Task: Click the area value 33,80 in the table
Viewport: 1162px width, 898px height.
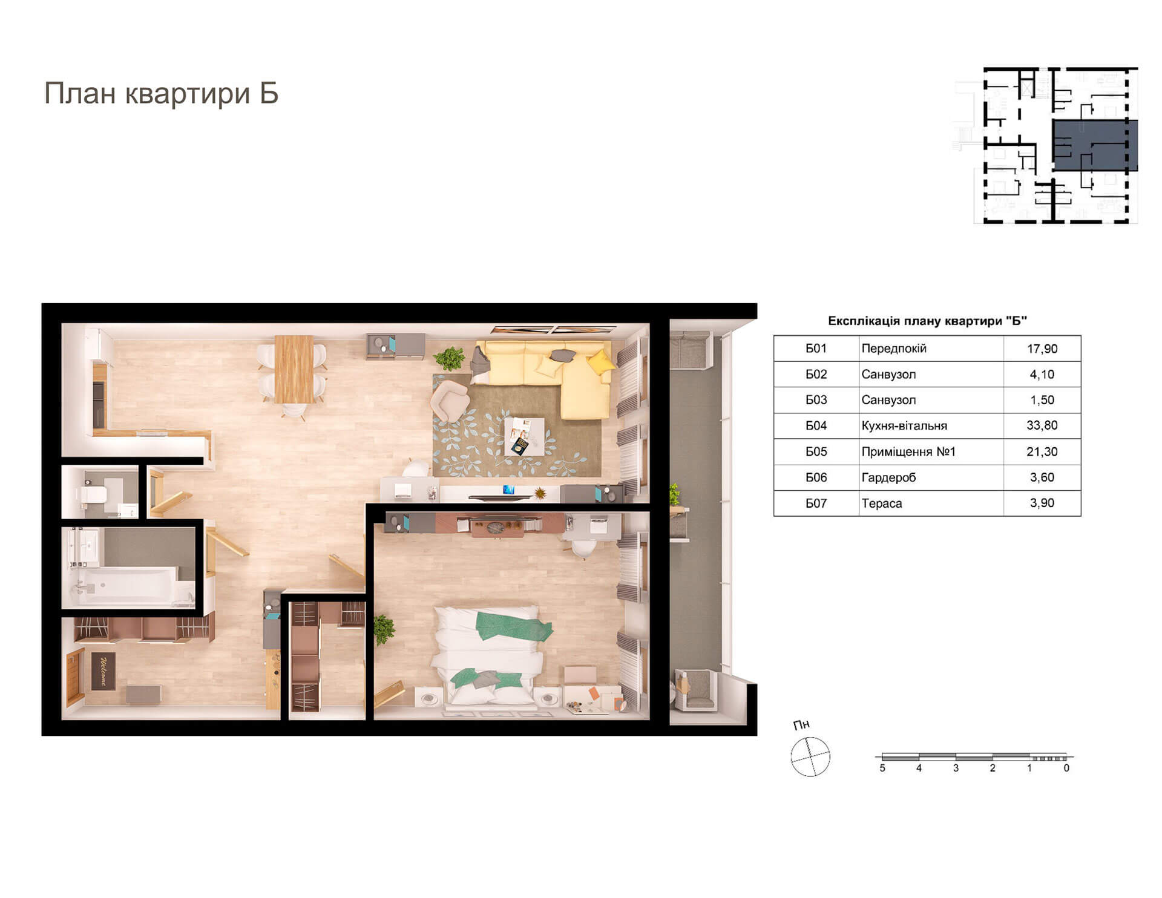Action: coord(1042,425)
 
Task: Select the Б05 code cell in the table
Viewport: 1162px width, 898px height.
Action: coord(816,451)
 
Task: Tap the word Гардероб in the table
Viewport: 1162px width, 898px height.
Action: coord(888,477)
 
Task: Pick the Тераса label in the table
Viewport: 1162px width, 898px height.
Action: coord(881,503)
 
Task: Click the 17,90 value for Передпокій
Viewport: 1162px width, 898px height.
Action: coord(1042,349)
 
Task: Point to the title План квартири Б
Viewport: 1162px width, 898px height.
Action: coord(161,94)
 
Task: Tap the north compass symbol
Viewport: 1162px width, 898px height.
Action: coord(810,756)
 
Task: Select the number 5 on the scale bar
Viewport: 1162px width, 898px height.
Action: coord(882,768)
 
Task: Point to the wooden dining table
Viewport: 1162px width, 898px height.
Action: coord(294,369)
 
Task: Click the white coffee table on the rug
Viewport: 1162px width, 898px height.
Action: coord(524,436)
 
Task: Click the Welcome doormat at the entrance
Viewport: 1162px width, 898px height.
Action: coord(103,670)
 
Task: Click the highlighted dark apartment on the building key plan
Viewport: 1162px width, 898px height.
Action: coord(1095,145)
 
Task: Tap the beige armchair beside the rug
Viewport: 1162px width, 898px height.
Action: coord(450,400)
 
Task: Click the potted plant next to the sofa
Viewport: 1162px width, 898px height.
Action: coord(449,358)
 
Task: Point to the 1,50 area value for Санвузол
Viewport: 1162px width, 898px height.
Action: coord(1042,400)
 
